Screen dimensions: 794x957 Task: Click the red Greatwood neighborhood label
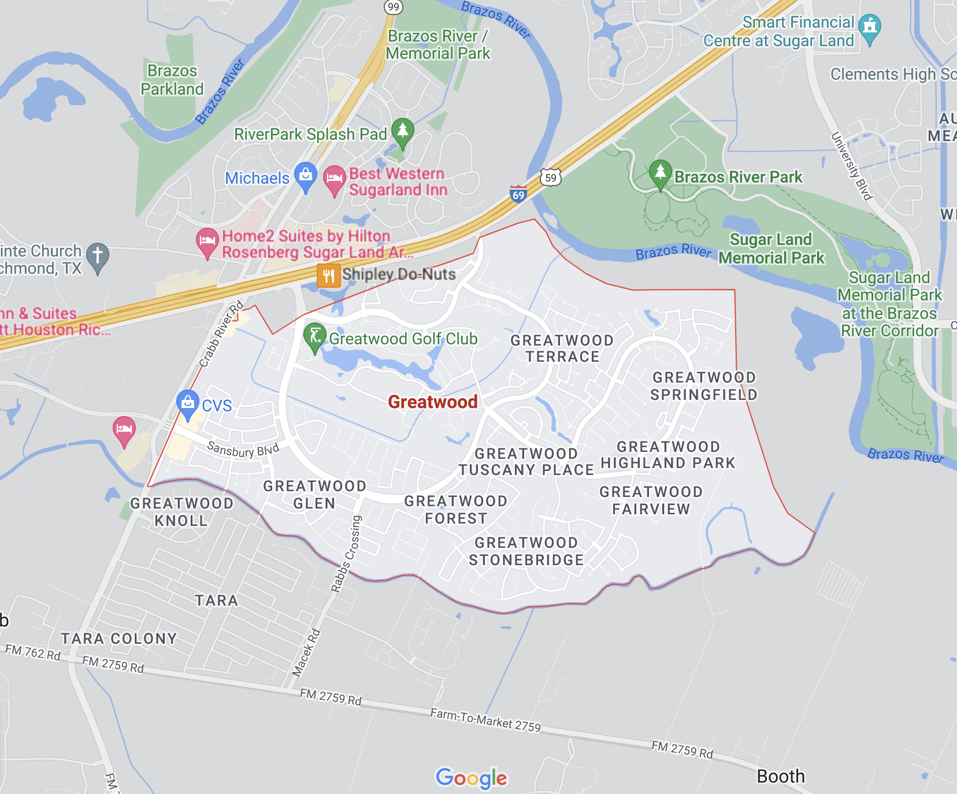pos(433,402)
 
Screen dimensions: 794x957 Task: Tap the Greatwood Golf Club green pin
pos(314,336)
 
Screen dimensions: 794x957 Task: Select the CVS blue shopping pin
pos(187,403)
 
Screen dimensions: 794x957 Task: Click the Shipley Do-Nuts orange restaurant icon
pos(328,276)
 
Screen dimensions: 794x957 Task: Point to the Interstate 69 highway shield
pos(518,194)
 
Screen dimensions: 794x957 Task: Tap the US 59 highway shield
pos(551,177)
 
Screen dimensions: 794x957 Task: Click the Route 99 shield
pos(394,7)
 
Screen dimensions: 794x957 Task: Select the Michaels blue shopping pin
pos(305,176)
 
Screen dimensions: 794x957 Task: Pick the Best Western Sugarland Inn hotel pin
pos(334,179)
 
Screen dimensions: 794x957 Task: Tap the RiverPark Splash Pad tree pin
pos(403,132)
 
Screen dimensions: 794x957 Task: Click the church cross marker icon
pos(98,256)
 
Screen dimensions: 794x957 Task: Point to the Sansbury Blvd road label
pos(243,450)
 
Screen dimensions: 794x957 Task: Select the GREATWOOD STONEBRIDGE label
pos(526,551)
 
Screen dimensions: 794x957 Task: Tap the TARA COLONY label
pos(119,639)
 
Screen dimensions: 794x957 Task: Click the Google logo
pos(472,778)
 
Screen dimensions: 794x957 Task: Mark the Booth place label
pos(780,776)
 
